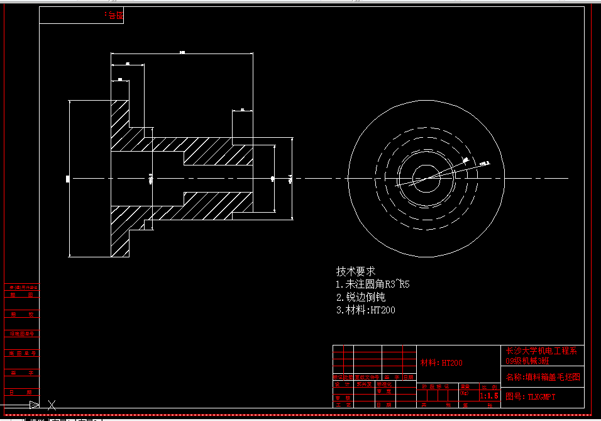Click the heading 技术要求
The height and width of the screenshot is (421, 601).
click(x=356, y=271)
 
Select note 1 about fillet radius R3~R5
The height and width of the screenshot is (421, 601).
click(x=373, y=284)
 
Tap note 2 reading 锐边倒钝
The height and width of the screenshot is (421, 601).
click(x=361, y=297)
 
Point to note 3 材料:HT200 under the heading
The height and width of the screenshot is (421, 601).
click(x=366, y=310)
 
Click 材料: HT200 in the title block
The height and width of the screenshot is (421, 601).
click(x=441, y=363)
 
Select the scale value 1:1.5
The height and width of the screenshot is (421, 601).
click(x=488, y=396)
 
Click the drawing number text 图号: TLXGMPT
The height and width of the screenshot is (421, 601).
click(x=531, y=396)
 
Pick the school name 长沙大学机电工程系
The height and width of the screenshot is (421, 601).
click(x=541, y=351)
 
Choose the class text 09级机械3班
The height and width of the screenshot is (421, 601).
click(x=528, y=361)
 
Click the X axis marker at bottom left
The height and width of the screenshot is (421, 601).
click(x=52, y=405)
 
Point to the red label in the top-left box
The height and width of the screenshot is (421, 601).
click(x=113, y=15)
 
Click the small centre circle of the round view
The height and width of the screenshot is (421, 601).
click(x=426, y=179)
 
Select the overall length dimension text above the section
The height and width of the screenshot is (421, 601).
click(x=182, y=52)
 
